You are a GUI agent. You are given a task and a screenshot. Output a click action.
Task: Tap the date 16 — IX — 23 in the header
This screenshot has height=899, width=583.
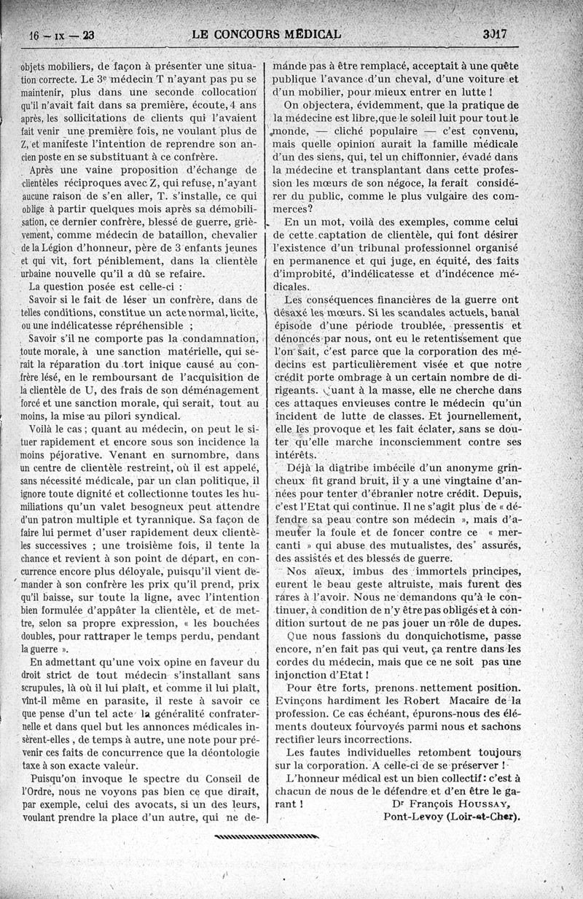click(x=55, y=34)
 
